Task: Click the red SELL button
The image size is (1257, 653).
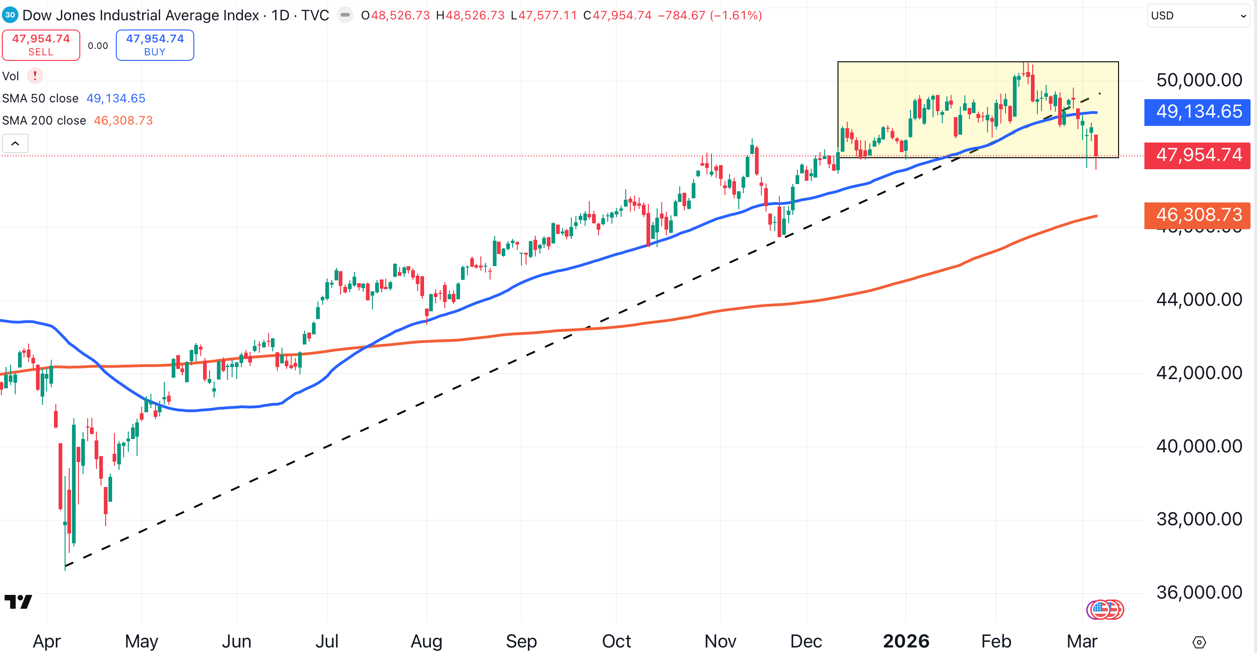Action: [x=41, y=45]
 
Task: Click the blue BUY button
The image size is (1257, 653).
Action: [x=155, y=45]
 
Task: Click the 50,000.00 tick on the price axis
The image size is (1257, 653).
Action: [x=1198, y=80]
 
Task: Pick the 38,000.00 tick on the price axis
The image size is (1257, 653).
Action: [x=1198, y=519]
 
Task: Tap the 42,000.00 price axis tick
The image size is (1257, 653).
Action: [x=1198, y=373]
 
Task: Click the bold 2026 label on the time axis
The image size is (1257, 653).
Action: [x=906, y=641]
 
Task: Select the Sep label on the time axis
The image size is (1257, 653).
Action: [x=521, y=641]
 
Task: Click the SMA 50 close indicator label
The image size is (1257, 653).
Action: [x=41, y=99]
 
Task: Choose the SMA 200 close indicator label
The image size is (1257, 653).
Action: [x=44, y=120]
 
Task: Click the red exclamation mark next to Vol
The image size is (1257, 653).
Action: [x=35, y=76]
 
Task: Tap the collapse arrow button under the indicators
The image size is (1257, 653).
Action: [x=15, y=143]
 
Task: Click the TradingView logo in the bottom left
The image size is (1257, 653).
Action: [x=18, y=601]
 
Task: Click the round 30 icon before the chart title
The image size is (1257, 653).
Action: [x=10, y=15]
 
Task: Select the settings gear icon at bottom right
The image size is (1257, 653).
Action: [x=1199, y=642]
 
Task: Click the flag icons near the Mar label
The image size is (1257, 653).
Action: [x=1105, y=609]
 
